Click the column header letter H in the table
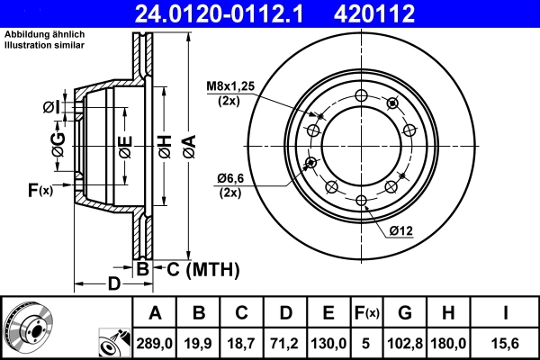pos(448,312)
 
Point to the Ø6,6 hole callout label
pos(229,181)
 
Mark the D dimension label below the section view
pos(113,285)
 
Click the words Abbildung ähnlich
pos(45,33)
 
